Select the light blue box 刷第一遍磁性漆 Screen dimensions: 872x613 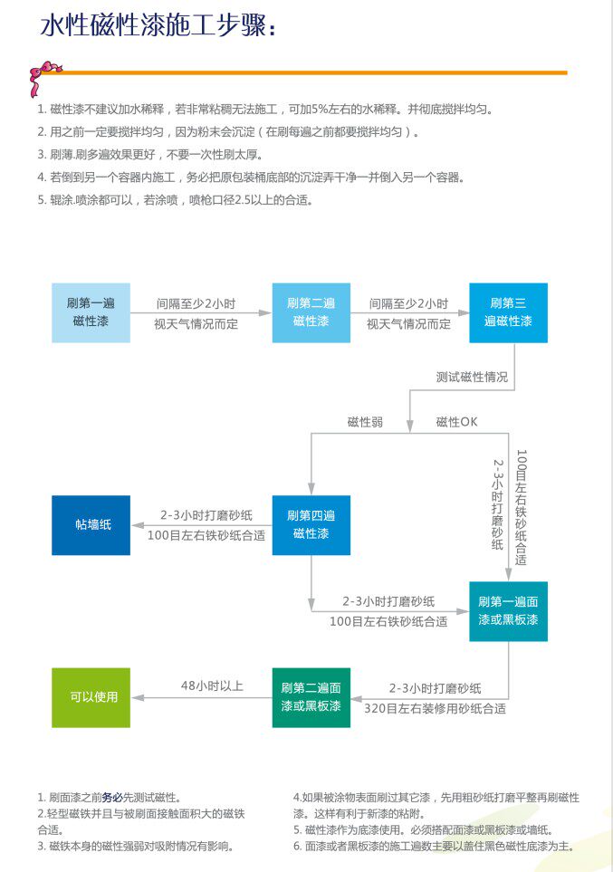click(x=91, y=312)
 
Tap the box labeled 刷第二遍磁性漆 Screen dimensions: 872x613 click(x=311, y=312)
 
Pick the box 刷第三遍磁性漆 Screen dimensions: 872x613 click(x=508, y=312)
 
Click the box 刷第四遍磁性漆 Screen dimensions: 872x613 click(x=311, y=525)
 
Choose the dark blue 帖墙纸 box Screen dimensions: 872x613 click(x=91, y=525)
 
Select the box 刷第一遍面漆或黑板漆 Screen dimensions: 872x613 click(x=508, y=611)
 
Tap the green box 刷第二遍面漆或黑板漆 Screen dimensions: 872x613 click(x=311, y=697)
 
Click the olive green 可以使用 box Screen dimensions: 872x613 click(x=91, y=697)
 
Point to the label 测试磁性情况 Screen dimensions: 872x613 click(x=472, y=377)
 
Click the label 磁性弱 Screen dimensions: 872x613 click(x=365, y=422)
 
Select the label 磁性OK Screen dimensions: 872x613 click(x=456, y=422)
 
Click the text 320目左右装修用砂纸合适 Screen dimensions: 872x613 click(x=435, y=708)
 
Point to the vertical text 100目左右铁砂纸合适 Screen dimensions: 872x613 click(x=522, y=507)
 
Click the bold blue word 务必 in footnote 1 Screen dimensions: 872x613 click(x=111, y=798)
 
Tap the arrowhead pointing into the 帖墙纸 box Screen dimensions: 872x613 click(x=135, y=525)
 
